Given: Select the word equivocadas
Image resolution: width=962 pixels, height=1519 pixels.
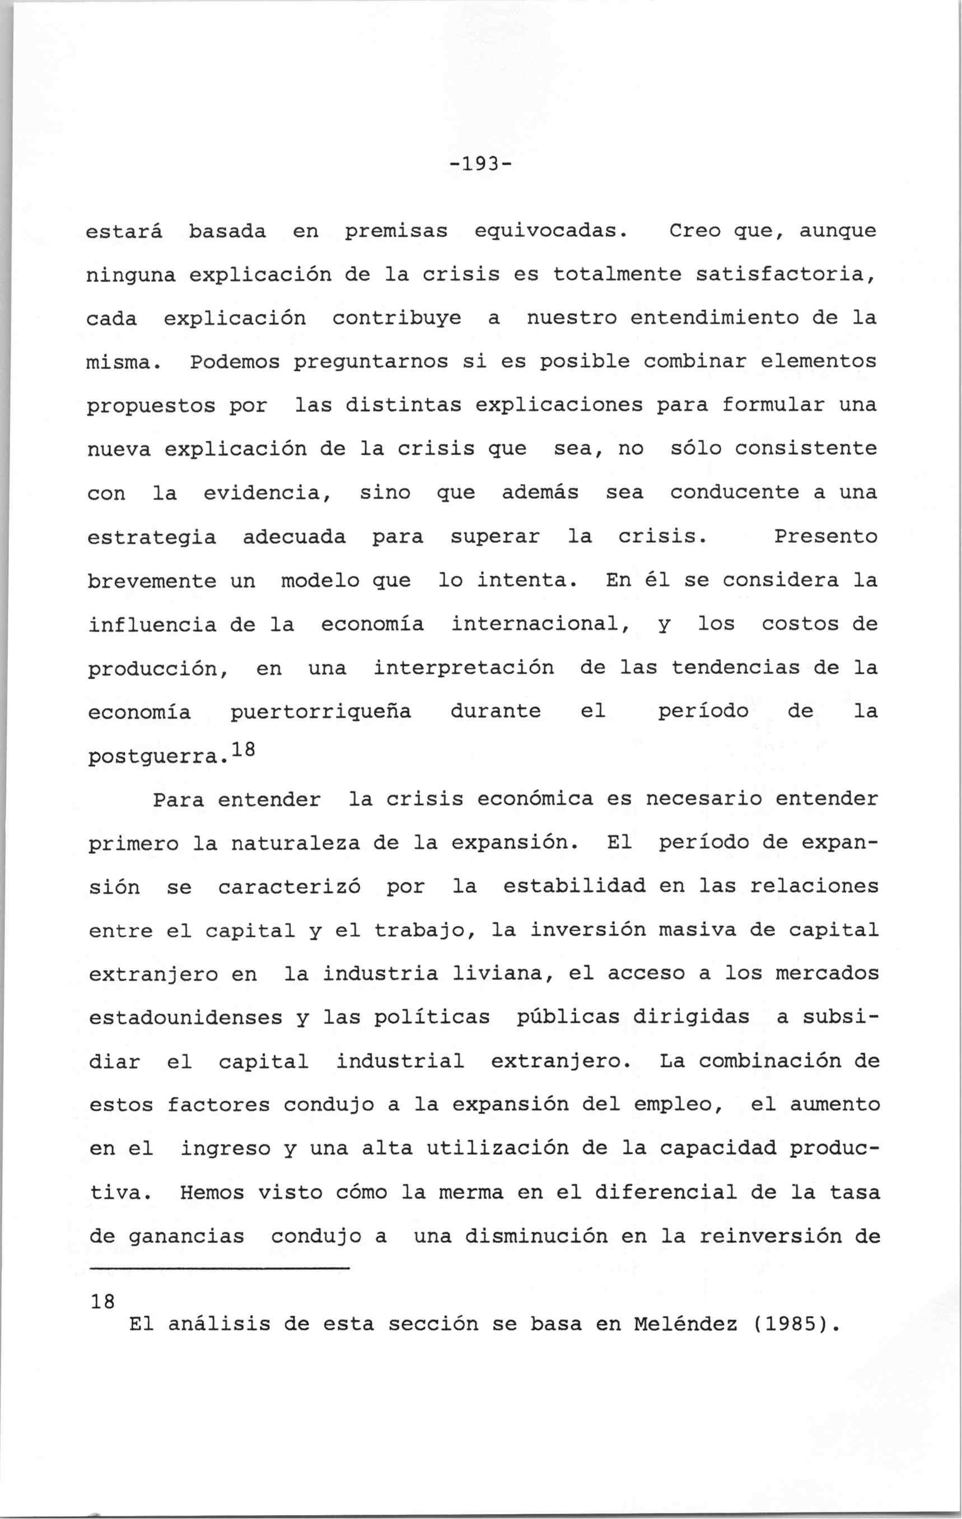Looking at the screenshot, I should coord(550,231).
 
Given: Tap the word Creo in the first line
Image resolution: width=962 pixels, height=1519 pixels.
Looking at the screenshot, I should coord(694,231).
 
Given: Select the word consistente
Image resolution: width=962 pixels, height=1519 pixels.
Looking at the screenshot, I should coord(806,449).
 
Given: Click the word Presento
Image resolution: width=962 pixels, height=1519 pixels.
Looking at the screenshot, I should coord(825,536).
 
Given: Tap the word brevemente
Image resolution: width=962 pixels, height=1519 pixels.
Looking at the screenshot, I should coord(151,580).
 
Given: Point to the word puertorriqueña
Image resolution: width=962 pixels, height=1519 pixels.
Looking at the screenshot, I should coord(320,711).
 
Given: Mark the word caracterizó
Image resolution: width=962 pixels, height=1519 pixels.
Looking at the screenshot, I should coord(289,887).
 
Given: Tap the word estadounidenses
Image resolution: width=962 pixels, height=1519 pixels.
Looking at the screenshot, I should coord(185,1018).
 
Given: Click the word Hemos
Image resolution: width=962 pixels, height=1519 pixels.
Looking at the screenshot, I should coord(206,1192).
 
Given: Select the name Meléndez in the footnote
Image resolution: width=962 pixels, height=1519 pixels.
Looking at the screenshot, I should coord(685,1324).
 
